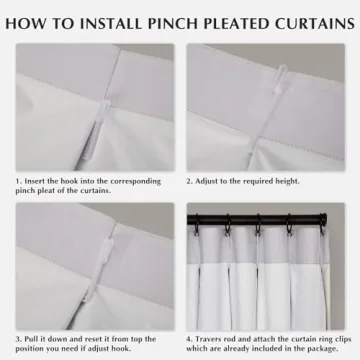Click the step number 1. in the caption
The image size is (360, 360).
19,181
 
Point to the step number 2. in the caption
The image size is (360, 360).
190,181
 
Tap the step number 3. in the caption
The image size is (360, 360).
19,339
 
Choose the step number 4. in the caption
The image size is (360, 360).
190,339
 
